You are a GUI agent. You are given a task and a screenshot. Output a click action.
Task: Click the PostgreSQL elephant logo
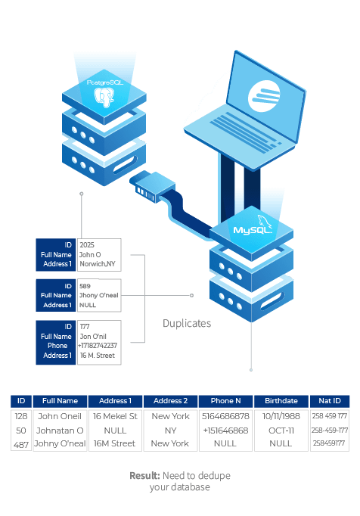[104, 97]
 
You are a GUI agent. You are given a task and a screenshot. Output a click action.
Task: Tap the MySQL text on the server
[252, 230]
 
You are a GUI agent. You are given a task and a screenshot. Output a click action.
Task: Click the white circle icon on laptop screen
[264, 95]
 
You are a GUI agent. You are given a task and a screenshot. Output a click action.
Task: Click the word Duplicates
[187, 323]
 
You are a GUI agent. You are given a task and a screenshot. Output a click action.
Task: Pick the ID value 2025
[87, 245]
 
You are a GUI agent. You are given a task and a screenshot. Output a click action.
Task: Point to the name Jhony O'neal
[99, 295]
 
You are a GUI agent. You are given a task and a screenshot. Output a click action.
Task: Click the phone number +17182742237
[98, 346]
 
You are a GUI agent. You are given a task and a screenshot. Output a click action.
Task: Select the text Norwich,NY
[98, 264]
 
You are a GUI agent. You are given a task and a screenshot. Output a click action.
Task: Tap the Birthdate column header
[281, 401]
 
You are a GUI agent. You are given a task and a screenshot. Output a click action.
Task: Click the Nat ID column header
[330, 401]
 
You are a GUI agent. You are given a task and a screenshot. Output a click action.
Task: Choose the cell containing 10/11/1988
[281, 416]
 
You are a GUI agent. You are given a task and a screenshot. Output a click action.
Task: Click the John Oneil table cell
[60, 416]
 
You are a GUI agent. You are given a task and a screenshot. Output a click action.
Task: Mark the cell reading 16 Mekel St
[115, 416]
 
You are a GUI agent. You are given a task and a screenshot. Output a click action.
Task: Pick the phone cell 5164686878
[225, 416]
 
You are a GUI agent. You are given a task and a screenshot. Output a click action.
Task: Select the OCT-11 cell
[281, 431]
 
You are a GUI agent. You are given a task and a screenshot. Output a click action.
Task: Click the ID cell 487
[21, 445]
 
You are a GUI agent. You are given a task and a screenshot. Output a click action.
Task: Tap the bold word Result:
[144, 476]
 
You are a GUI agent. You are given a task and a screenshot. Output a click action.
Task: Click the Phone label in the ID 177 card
[57, 346]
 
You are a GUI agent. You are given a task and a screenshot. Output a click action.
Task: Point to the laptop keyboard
[246, 132]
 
